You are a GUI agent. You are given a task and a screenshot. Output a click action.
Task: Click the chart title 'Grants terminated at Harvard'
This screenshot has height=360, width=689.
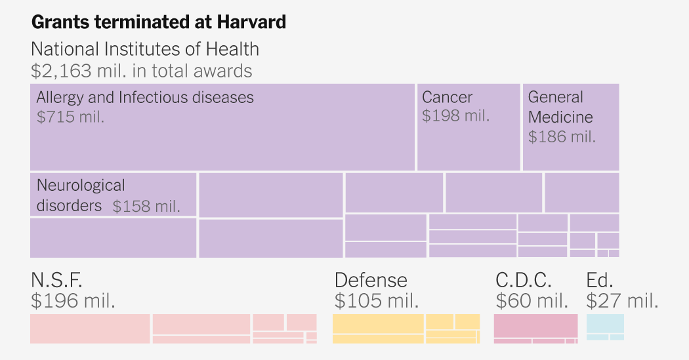[159, 22]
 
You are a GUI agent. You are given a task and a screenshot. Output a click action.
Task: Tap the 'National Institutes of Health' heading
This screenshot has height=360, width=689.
[145, 49]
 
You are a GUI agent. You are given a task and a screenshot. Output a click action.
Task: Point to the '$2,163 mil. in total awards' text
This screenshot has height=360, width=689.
[141, 70]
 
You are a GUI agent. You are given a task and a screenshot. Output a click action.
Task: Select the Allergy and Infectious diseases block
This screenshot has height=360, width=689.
[222, 138]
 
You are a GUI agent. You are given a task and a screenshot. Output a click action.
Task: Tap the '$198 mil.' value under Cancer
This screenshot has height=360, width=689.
[456, 115]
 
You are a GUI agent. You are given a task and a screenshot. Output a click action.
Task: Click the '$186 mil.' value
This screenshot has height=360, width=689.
[562, 136]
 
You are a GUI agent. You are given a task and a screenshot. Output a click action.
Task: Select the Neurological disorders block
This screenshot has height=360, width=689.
[113, 194]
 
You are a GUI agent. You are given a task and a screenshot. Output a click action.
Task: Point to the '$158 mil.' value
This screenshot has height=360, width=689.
[146, 206]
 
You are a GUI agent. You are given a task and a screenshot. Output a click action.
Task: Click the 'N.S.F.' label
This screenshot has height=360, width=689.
[56, 280]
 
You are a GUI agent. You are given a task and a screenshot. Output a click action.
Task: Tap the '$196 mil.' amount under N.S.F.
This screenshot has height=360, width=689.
[73, 301]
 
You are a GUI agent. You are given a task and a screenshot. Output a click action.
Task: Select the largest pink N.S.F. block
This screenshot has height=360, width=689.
[90, 329]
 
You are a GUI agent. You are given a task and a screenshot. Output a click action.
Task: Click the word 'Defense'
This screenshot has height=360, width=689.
[371, 280]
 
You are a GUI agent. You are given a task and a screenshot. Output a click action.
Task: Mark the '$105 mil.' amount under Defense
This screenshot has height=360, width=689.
[377, 301]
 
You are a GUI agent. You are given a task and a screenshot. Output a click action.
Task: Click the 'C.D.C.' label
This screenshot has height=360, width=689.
[523, 280]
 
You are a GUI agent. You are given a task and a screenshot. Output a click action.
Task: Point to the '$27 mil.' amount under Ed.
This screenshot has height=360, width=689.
[621, 301]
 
